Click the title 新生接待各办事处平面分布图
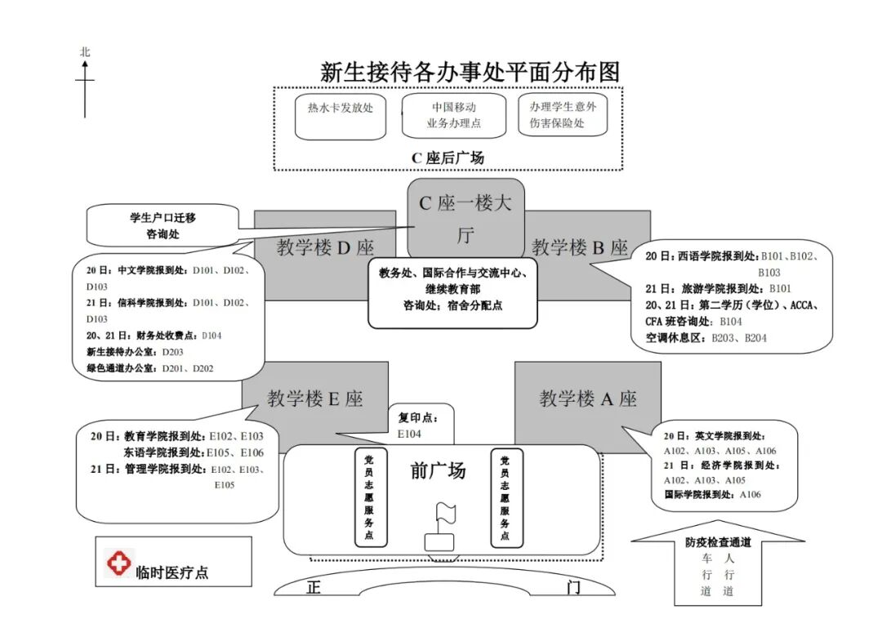[470, 72]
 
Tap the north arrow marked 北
[85, 82]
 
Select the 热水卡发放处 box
[340, 115]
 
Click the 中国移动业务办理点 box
[453, 115]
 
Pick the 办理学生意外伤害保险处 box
[563, 115]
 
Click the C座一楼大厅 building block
[465, 219]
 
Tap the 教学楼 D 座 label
[324, 247]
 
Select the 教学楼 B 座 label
[580, 247]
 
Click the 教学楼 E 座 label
[315, 398]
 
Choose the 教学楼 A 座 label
[588, 398]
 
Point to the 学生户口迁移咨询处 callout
[163, 226]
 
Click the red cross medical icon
[119, 563]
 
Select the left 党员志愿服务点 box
[370, 497]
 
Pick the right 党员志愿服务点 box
[506, 497]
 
